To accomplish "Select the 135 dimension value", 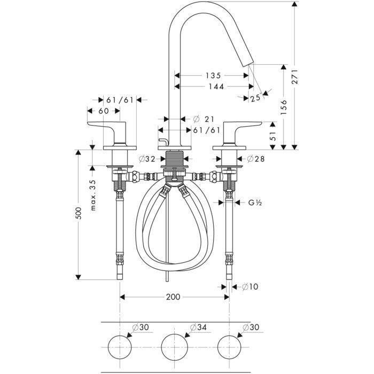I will point(212,75).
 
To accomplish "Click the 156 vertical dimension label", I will point(284,108).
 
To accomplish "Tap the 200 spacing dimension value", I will point(172,297).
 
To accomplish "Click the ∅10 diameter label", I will point(250,287).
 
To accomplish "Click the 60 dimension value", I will point(103,111).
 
